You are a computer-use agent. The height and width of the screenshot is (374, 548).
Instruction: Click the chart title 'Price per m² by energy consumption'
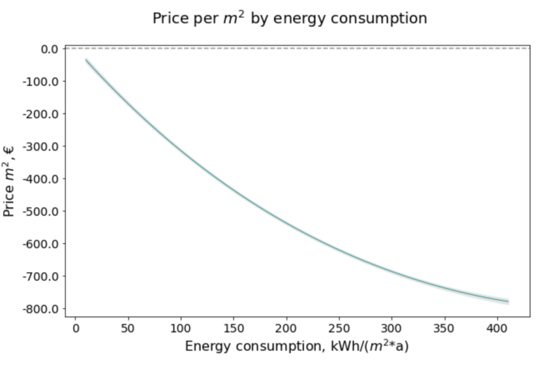290,18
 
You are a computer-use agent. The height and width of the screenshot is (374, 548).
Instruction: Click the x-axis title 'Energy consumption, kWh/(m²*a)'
297,346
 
